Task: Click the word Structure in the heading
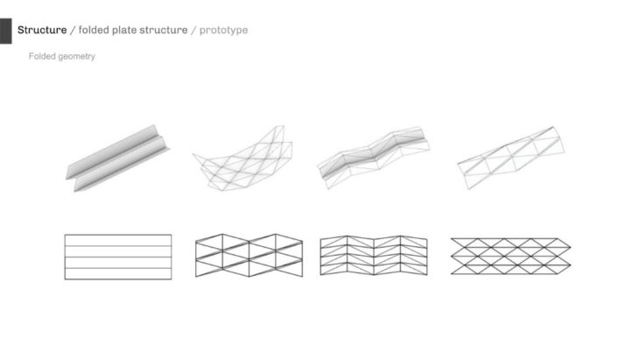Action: click(42, 30)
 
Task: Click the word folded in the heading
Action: click(94, 30)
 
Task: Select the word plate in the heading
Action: click(124, 30)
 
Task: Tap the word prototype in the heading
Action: click(223, 30)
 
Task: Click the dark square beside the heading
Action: click(6, 31)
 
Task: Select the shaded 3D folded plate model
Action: click(118, 159)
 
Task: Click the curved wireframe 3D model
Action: click(242, 159)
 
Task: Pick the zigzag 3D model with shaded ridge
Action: click(373, 158)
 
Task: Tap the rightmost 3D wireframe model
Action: click(511, 158)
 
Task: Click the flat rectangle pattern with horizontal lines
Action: click(118, 257)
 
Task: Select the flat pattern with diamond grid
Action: click(510, 256)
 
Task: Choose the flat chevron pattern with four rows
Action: click(374, 256)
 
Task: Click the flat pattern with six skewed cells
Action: click(249, 256)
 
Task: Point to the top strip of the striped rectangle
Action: click(118, 240)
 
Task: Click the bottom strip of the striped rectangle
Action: click(118, 273)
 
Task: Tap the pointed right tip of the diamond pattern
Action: click(571, 247)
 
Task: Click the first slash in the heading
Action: click(73, 30)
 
